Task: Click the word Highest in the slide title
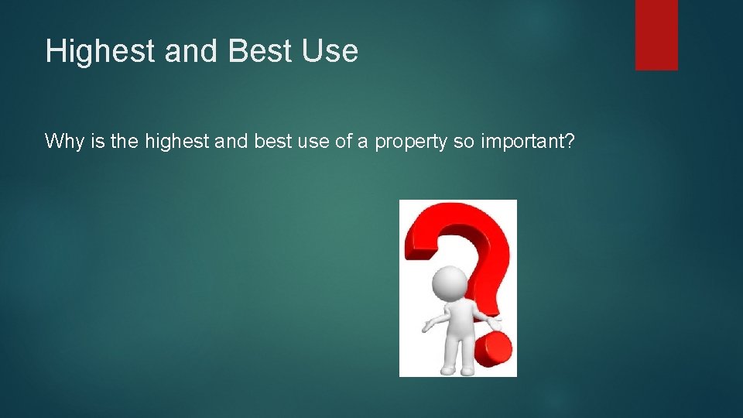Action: (x=91, y=51)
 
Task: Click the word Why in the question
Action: (x=62, y=141)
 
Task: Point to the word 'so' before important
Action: (x=463, y=142)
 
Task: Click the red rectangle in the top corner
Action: (x=656, y=35)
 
